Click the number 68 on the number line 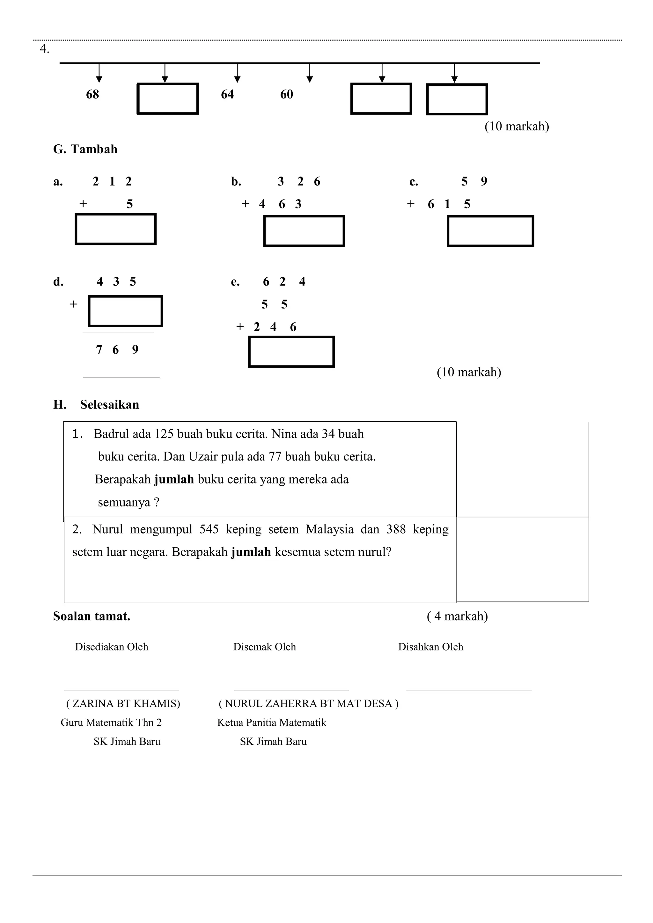pyautogui.click(x=92, y=94)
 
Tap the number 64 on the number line pyautogui.click(x=227, y=94)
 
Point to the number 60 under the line pyautogui.click(x=287, y=94)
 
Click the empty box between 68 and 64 pyautogui.click(x=168, y=99)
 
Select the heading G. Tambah pyautogui.click(x=85, y=149)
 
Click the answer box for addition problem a pyautogui.click(x=116, y=229)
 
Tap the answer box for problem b pyautogui.click(x=304, y=231)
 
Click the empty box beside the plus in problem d pyautogui.click(x=125, y=311)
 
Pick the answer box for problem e pyautogui.click(x=291, y=352)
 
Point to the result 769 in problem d pyautogui.click(x=117, y=350)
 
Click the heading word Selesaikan pyautogui.click(x=109, y=404)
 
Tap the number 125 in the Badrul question pyautogui.click(x=164, y=434)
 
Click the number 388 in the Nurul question pyautogui.click(x=396, y=529)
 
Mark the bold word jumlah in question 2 pyautogui.click(x=251, y=552)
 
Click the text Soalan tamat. pyautogui.click(x=92, y=616)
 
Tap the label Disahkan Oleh pyautogui.click(x=431, y=647)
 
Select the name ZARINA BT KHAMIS pyautogui.click(x=123, y=703)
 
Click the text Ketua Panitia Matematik pyautogui.click(x=272, y=723)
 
